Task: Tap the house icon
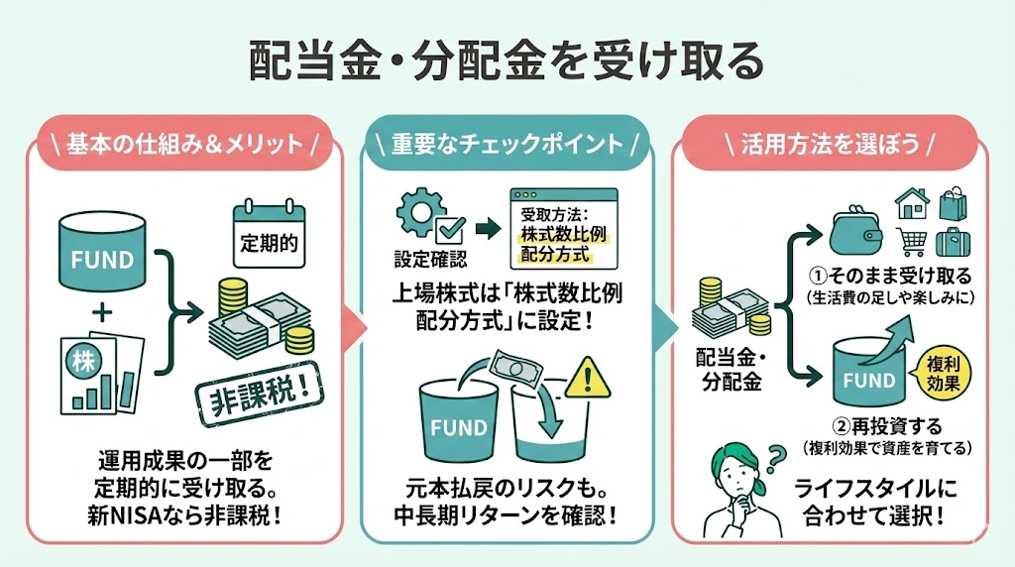(913, 205)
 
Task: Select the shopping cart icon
(914, 242)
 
